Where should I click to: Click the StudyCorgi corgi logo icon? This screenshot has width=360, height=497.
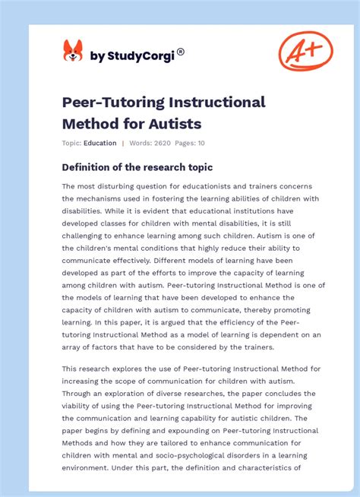pos(73,51)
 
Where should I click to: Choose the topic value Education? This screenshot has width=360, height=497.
pos(99,143)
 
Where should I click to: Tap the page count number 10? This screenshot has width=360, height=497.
pos(201,143)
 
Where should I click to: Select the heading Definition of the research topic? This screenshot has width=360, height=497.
pos(137,167)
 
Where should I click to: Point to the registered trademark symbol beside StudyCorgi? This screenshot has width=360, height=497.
pos(181,52)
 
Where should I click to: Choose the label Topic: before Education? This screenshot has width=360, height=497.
pos(71,143)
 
